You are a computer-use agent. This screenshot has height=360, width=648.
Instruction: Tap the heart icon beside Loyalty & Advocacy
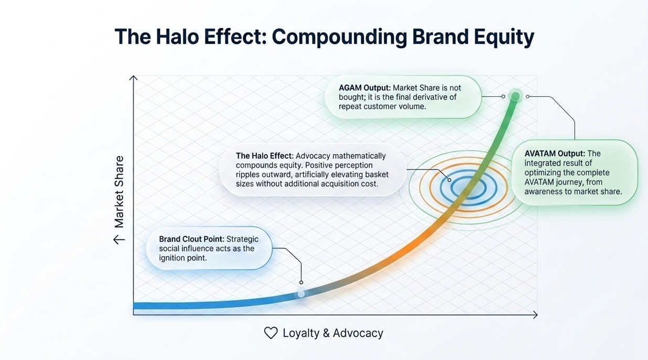click(x=271, y=333)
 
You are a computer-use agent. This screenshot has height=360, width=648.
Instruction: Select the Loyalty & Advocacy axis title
click(x=332, y=333)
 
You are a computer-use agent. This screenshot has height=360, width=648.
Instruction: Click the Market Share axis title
click(x=119, y=192)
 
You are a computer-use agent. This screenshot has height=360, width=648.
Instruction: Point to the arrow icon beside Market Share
click(x=119, y=239)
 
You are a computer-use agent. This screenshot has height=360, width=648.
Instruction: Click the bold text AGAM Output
click(x=364, y=88)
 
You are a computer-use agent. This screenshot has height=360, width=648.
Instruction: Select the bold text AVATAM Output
click(x=555, y=154)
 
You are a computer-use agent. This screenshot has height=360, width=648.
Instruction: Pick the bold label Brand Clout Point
click(x=192, y=239)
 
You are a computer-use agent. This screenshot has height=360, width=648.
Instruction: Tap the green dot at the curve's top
click(x=515, y=96)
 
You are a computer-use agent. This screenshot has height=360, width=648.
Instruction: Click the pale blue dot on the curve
click(x=301, y=294)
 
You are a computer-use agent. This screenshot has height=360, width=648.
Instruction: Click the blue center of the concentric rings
click(x=468, y=187)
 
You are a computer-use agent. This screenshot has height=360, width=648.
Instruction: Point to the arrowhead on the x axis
click(x=535, y=314)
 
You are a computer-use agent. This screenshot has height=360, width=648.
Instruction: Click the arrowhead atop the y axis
click(x=134, y=79)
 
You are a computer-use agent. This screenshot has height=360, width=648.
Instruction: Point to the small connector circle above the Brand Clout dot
click(x=301, y=282)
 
